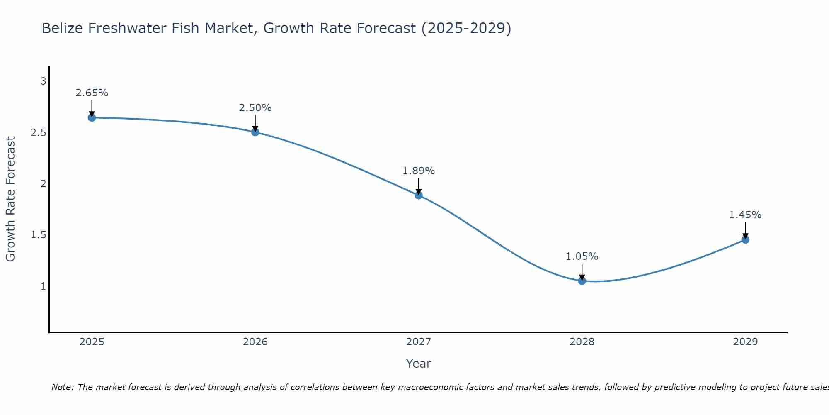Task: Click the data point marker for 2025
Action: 92,117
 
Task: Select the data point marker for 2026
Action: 255,132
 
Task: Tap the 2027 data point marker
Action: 419,195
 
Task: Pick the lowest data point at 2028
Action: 582,281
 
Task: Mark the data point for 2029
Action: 745,239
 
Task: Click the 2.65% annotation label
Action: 92,93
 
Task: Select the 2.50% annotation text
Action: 255,108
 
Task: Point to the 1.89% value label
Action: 419,171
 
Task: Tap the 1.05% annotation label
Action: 582,256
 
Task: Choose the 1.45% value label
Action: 745,215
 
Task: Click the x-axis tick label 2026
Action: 255,342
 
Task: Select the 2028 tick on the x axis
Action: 582,342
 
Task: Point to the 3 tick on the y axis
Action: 43,81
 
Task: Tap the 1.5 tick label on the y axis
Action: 39,235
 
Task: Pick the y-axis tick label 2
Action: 43,184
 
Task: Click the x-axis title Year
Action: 419,364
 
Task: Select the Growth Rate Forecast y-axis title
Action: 10,199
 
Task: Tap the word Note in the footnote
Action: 62,387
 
